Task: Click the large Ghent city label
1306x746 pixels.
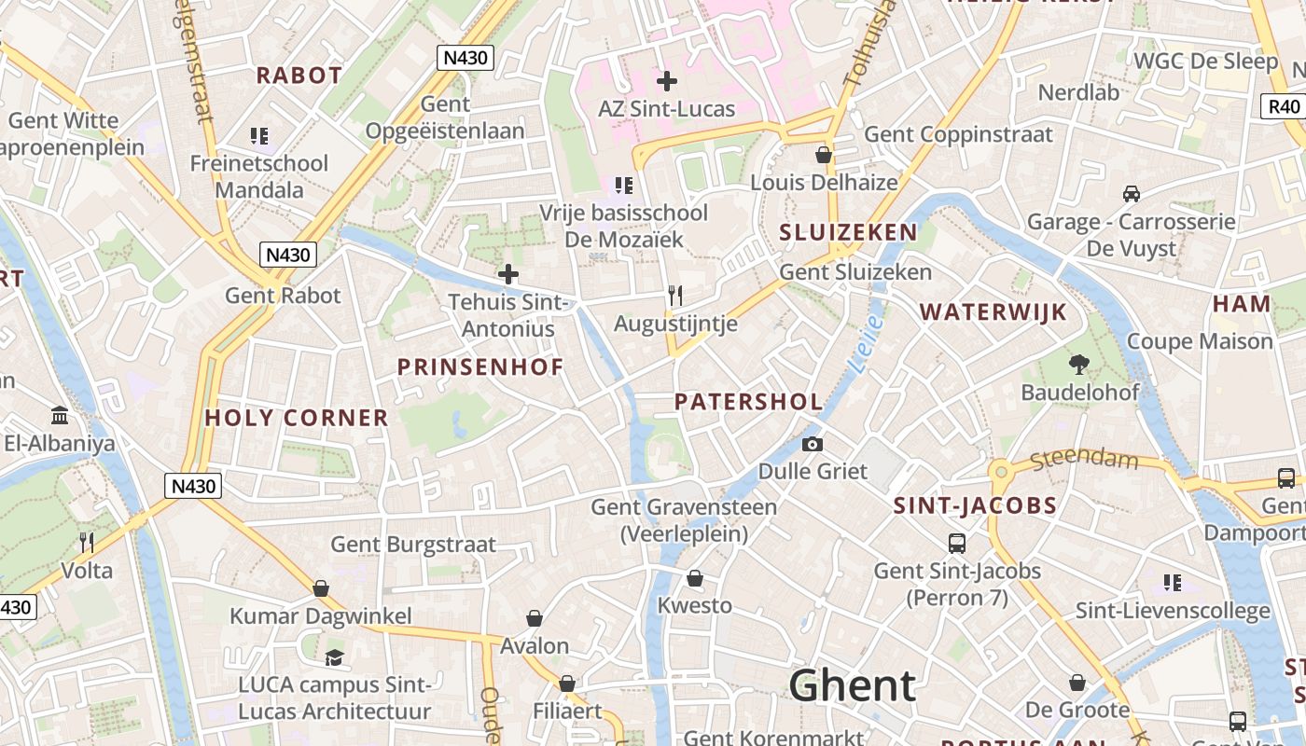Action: coord(853,685)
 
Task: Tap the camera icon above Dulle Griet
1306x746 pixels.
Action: coord(813,444)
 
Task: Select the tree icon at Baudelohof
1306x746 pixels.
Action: coord(1079,364)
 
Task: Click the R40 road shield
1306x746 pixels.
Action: coord(1285,105)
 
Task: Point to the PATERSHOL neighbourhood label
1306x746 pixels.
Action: coord(748,402)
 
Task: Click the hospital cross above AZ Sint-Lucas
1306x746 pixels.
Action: coord(666,81)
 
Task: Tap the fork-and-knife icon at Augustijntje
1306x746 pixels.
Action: coord(675,296)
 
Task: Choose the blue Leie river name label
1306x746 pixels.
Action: coord(867,344)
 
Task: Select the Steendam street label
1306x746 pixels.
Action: coord(1085,460)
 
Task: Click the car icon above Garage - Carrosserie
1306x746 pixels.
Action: coord(1131,194)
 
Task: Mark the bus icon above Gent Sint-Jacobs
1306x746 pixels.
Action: coord(956,543)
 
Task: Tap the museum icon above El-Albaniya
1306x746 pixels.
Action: coord(60,415)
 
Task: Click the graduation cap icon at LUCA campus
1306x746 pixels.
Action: coord(334,657)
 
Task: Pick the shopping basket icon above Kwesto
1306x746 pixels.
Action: coord(694,578)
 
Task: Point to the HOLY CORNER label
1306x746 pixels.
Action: coord(297,418)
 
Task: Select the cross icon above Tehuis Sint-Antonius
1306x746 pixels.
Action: coord(507,274)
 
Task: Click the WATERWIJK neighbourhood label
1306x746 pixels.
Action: coord(993,312)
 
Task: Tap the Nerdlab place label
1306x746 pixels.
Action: coord(1078,92)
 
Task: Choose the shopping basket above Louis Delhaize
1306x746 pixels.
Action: coord(823,155)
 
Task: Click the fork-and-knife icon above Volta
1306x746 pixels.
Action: coord(87,542)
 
